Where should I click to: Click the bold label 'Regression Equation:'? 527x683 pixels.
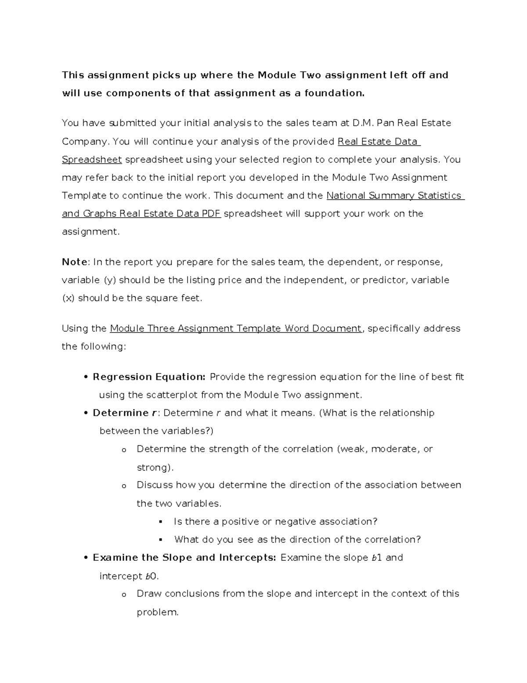[149, 377]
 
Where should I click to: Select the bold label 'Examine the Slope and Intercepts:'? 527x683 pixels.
[184, 558]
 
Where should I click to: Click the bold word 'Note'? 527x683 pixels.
[75, 262]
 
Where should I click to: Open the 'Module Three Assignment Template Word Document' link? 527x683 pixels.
[236, 329]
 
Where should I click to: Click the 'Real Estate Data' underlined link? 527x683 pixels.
[378, 142]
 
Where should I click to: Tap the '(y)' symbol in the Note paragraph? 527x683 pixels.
[109, 280]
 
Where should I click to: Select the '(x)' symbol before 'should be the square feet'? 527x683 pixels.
[69, 298]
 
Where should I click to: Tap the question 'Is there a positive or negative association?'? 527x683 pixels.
[275, 522]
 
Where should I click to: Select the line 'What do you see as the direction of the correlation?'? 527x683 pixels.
[297, 540]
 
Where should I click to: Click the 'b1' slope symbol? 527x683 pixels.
[377, 558]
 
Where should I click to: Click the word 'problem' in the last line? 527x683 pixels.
[156, 612]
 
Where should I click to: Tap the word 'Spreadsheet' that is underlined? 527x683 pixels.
[92, 160]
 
